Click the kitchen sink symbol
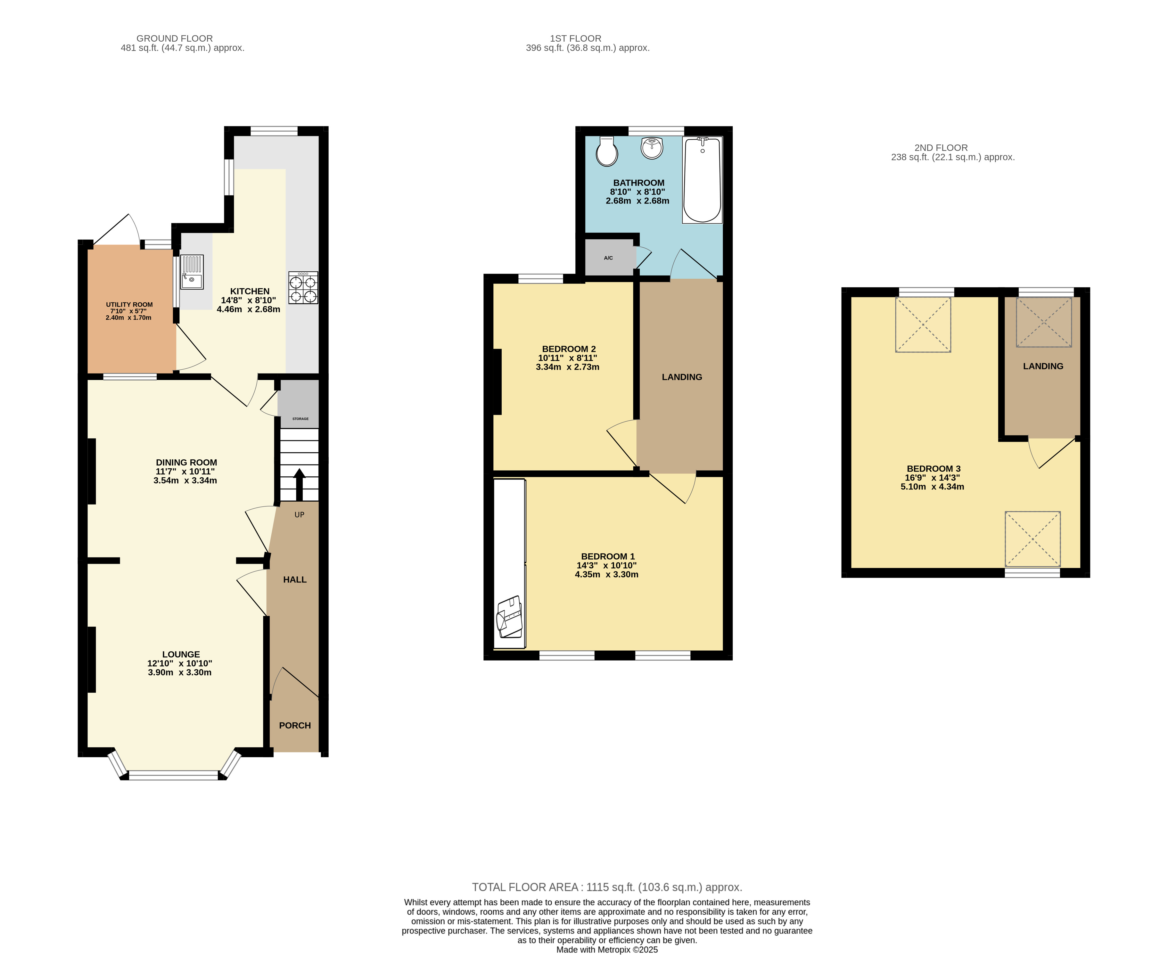(x=192, y=272)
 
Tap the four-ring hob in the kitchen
(x=303, y=288)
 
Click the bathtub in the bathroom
(x=702, y=180)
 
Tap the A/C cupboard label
(x=608, y=258)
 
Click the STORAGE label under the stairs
(x=300, y=419)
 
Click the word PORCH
(x=295, y=725)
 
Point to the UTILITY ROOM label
(x=129, y=304)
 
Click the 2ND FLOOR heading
(x=941, y=147)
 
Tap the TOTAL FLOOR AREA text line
(x=607, y=887)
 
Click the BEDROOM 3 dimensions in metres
(x=932, y=486)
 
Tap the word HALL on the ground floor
(x=295, y=579)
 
